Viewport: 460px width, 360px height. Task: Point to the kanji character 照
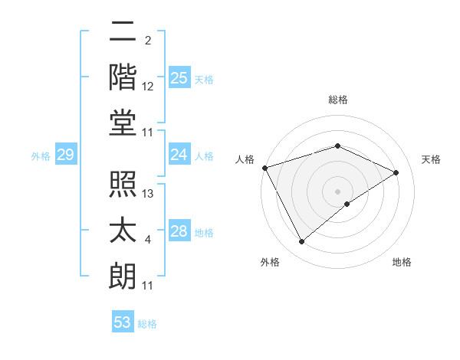(123, 185)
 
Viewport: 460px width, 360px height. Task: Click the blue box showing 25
(179, 78)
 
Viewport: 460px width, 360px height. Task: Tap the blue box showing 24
(179, 155)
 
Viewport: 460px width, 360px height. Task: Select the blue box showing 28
(179, 232)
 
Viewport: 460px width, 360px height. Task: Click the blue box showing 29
(65, 155)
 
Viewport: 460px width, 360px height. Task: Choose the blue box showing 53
(123, 322)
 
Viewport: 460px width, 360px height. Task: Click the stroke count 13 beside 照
(149, 195)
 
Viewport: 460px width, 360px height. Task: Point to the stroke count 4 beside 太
(148, 241)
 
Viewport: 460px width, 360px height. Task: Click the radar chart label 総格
(338, 100)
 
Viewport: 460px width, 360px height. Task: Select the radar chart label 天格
(431, 159)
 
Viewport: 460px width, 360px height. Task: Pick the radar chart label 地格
(402, 263)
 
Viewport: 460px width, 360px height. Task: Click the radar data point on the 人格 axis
(264, 168)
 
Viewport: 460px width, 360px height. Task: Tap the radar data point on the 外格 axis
(301, 242)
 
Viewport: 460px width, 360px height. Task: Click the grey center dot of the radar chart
(338, 191)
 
